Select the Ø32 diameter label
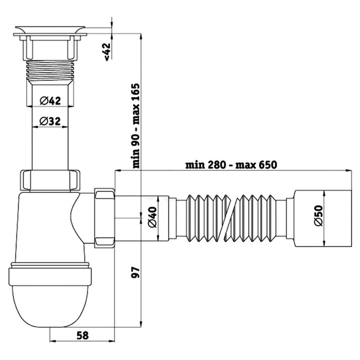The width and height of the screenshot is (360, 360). [x=50, y=122]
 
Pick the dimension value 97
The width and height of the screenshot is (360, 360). [x=136, y=273]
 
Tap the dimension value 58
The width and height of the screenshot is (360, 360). [x=82, y=335]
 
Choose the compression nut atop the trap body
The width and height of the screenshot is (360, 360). [x=50, y=180]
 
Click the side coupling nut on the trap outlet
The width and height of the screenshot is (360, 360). [x=104, y=217]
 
